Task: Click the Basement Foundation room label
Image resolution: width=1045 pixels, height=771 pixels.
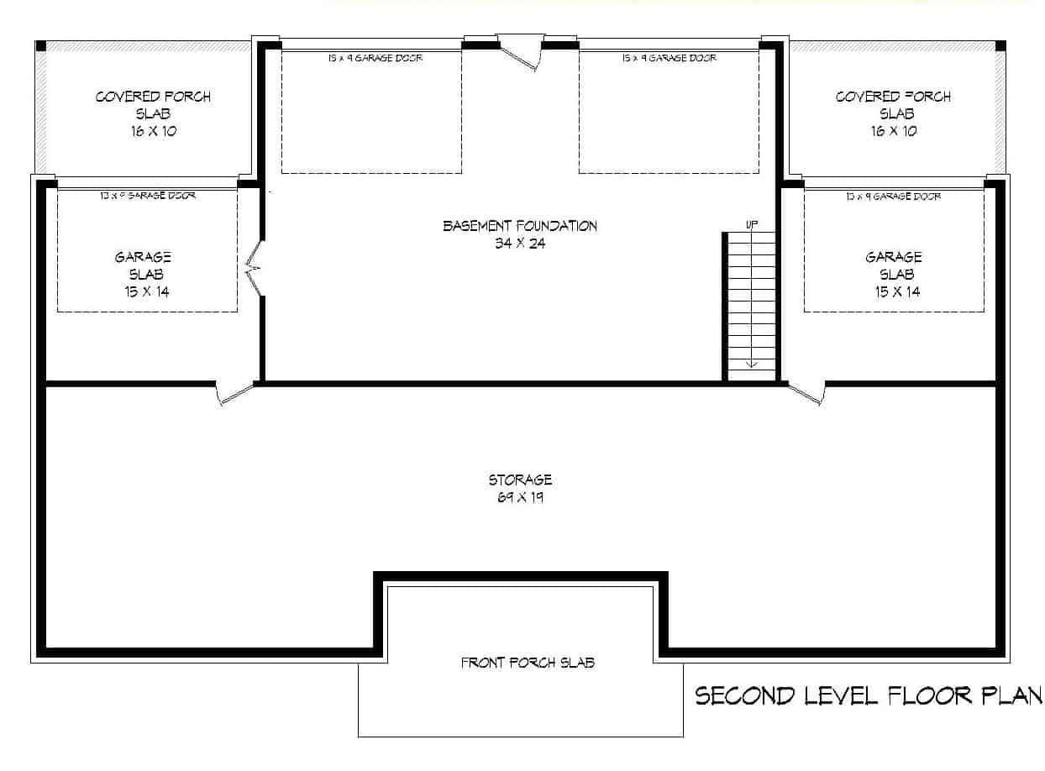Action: [x=520, y=234]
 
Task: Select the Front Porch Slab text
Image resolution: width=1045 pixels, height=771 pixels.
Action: [x=528, y=663]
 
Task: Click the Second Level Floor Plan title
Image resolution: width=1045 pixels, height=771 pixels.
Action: [x=869, y=695]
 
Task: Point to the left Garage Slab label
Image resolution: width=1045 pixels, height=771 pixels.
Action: [x=143, y=274]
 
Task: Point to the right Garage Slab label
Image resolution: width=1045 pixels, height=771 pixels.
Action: [x=894, y=274]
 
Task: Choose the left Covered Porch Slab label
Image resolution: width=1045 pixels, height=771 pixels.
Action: [x=153, y=113]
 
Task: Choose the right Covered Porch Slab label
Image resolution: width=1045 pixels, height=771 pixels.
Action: [x=893, y=113]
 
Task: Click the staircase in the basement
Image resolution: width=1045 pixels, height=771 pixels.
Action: [x=751, y=307]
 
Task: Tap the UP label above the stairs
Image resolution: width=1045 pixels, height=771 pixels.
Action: [x=751, y=224]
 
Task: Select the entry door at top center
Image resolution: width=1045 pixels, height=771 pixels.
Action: [x=521, y=50]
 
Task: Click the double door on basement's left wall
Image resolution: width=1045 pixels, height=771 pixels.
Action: [x=255, y=269]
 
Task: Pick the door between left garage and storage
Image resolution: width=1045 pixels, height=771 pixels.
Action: [x=234, y=391]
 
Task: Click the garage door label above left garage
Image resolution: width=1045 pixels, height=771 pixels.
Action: [x=148, y=196]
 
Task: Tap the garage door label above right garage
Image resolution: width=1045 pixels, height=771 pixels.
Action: [x=894, y=196]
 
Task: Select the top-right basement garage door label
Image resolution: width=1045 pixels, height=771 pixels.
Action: [x=669, y=59]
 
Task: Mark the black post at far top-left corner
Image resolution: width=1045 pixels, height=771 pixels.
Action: [x=40, y=45]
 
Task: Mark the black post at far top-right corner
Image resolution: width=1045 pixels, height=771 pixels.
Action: [x=1000, y=45]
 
